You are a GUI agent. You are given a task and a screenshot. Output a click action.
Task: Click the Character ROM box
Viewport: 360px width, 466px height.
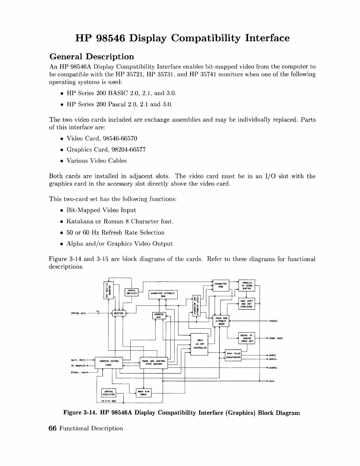pos(221,285)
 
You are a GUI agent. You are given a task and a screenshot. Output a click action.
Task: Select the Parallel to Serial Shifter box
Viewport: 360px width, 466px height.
pos(246,285)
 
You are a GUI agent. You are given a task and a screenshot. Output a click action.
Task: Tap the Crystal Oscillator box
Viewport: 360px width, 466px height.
pos(108,393)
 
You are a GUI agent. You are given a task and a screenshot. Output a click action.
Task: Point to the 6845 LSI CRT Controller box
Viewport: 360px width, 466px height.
pos(199,344)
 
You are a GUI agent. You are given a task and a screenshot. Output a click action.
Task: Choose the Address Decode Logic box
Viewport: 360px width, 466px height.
pos(109,363)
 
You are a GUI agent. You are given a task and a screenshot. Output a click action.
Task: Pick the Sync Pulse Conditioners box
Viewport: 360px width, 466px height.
pos(234,355)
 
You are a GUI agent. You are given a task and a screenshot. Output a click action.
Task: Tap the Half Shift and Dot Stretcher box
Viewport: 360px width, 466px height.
pos(246,304)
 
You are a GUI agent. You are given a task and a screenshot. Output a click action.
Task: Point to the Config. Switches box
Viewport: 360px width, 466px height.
pos(131,292)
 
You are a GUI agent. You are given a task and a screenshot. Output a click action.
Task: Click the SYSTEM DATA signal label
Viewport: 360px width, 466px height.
pos(78,313)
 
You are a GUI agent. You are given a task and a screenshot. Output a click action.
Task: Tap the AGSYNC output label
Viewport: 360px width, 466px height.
pos(273,368)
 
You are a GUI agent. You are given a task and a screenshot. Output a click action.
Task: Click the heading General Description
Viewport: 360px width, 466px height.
pos(91,56)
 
